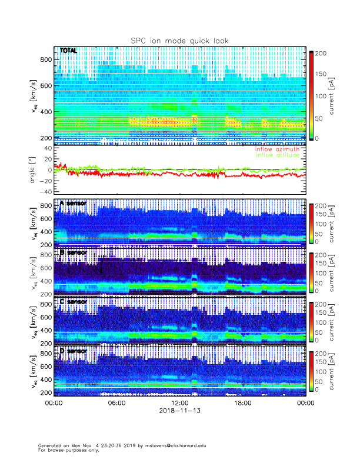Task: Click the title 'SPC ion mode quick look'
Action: pos(179,41)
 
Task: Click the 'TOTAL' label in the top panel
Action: pos(68,51)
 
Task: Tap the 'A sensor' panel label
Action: pos(73,204)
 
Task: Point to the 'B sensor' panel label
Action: pos(73,252)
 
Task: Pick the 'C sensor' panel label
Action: pos(73,302)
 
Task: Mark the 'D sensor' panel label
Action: pos(73,351)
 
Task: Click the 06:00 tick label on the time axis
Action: pos(116,404)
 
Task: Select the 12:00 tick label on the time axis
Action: pos(179,404)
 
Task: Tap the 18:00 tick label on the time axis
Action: pos(243,404)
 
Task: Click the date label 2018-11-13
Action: pos(179,411)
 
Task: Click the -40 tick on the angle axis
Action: pos(45,192)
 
